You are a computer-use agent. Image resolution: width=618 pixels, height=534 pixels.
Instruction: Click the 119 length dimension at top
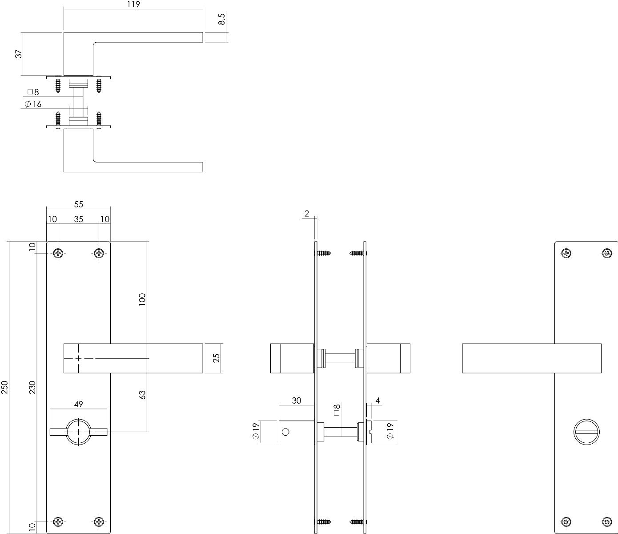coord(133,4)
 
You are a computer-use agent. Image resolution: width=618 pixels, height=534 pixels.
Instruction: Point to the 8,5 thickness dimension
coord(221,19)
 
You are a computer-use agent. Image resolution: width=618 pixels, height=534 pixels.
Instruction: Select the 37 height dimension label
coord(19,54)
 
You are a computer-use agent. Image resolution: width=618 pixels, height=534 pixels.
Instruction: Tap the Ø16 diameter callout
coord(33,104)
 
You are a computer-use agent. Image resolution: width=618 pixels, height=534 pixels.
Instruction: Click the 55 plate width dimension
coord(78,204)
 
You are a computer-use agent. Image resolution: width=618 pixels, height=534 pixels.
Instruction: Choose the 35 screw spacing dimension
coord(78,219)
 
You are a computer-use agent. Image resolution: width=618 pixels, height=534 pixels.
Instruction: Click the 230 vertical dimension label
coord(32,387)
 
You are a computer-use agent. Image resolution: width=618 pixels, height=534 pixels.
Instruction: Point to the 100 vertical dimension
coord(142,299)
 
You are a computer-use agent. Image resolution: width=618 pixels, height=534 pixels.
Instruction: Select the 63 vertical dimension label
coord(143,395)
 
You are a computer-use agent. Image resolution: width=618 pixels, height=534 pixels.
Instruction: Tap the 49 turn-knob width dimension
coord(78,404)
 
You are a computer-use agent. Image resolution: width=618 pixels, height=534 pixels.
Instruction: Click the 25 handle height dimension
coord(217,358)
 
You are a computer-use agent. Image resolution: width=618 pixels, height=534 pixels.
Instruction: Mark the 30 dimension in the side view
coord(296,400)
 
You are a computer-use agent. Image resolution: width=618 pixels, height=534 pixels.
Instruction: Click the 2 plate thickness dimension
coord(307,214)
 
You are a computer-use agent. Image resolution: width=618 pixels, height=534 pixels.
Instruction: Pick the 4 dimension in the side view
coord(377,400)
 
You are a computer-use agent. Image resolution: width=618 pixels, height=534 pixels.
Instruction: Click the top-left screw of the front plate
coord(58,254)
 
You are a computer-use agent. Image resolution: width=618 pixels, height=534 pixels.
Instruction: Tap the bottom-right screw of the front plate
coord(99,522)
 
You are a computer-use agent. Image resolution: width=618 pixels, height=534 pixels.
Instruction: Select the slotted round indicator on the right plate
coord(586,432)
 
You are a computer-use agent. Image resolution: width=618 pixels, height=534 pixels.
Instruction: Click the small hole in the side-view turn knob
coord(285,432)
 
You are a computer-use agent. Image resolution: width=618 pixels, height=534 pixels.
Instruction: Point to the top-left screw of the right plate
coord(566,253)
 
